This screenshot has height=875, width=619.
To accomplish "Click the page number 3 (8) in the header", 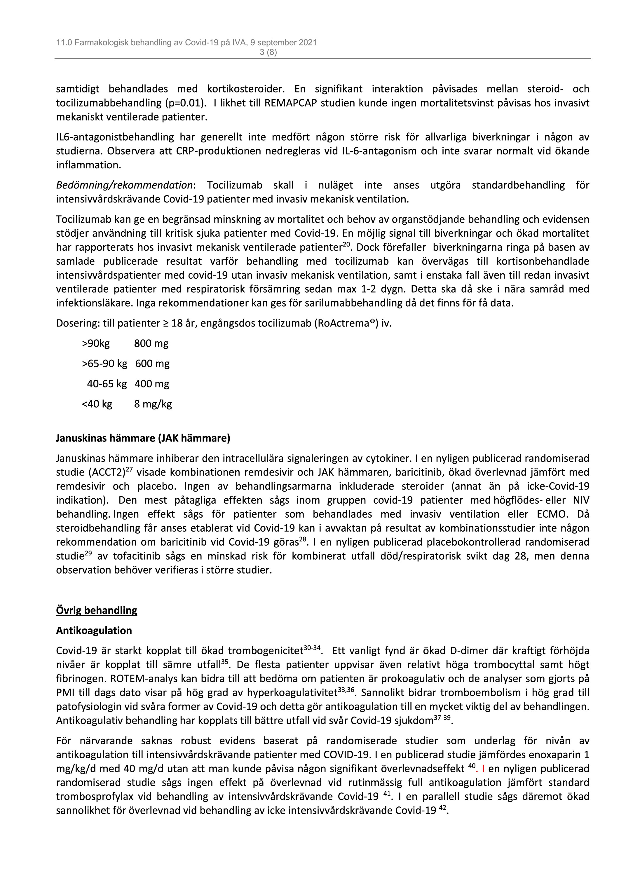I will (268, 52).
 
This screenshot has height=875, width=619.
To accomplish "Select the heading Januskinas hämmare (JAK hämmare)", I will (143, 438).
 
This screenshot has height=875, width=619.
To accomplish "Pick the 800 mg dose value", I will (151, 343).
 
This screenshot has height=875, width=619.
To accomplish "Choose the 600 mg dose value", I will (152, 364).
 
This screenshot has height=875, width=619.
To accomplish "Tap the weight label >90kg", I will (96, 343).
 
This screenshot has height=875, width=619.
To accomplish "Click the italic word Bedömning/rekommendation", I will (124, 185).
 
